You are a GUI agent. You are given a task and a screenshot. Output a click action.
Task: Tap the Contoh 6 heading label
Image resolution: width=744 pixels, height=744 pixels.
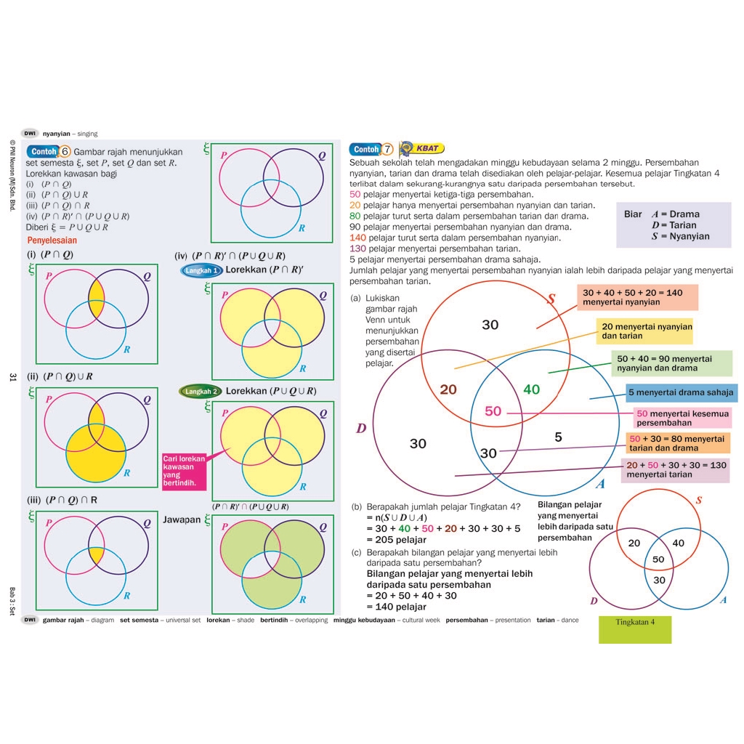tap(49, 151)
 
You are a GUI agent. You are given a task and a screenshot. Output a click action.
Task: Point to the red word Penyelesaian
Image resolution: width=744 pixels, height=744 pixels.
tap(52, 240)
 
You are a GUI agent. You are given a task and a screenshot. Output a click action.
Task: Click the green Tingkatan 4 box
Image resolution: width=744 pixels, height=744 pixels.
tap(634, 629)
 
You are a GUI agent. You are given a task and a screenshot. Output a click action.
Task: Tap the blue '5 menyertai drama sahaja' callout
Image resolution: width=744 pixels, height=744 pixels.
tap(682, 393)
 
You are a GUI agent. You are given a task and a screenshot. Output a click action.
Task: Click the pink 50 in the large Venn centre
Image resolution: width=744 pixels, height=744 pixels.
tap(493, 411)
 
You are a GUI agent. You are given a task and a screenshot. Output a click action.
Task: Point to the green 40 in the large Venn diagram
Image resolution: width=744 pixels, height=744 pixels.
tap(532, 389)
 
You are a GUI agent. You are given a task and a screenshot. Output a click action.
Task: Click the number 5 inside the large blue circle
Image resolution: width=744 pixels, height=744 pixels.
tap(558, 437)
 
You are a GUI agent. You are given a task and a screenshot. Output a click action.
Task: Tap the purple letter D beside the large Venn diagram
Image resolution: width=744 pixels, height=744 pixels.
tap(361, 429)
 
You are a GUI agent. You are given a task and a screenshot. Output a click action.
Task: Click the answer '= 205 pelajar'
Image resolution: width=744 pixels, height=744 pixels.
tap(396, 540)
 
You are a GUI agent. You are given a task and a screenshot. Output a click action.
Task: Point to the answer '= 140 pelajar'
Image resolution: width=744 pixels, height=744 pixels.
tap(396, 607)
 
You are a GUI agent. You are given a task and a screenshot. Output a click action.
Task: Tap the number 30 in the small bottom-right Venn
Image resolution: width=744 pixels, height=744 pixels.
tap(659, 580)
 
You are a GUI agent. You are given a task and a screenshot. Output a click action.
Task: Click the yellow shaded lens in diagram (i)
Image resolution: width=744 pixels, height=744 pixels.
tap(97, 299)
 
